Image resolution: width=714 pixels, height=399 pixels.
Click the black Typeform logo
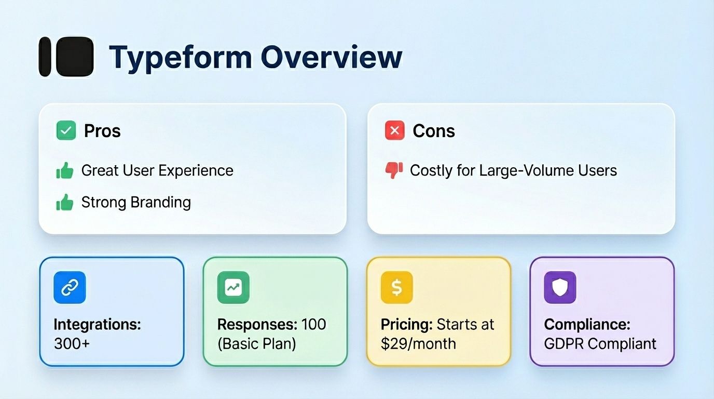pyautogui.click(x=66, y=57)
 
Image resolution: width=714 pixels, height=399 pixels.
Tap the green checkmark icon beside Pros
pyautogui.click(x=66, y=130)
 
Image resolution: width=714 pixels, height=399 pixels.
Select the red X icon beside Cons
pyautogui.click(x=394, y=130)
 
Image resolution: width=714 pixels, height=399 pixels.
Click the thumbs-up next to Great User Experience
pyautogui.click(x=65, y=170)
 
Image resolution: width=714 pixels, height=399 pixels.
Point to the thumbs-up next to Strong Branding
pyautogui.click(x=65, y=203)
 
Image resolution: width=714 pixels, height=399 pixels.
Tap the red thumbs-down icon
pyautogui.click(x=394, y=170)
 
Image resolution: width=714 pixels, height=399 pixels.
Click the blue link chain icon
pyautogui.click(x=70, y=288)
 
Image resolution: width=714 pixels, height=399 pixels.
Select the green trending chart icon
pyautogui.click(x=233, y=288)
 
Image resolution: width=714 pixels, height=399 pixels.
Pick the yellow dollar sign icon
pyautogui.click(x=396, y=288)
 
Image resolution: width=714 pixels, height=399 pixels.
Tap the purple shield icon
pyautogui.click(x=560, y=288)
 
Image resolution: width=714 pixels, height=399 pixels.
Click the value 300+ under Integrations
pyautogui.click(x=72, y=343)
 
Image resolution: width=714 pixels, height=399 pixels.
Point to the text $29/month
pyautogui.click(x=418, y=343)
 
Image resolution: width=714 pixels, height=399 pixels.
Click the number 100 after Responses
pyautogui.click(x=313, y=325)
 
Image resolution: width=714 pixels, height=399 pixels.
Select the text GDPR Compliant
pyautogui.click(x=600, y=343)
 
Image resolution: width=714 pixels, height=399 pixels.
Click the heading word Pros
pyautogui.click(x=102, y=131)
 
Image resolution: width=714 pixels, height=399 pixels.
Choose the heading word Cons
pyautogui.click(x=434, y=131)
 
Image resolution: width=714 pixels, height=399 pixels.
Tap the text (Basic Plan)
pyautogui.click(x=256, y=343)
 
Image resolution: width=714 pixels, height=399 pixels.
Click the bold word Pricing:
pyautogui.click(x=406, y=325)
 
